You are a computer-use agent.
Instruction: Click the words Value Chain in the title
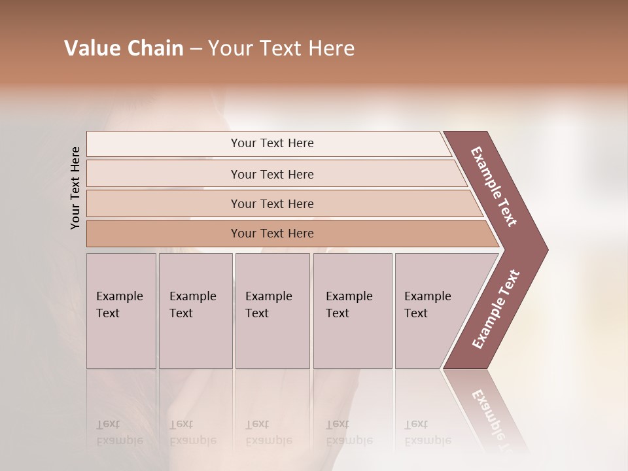coord(124,48)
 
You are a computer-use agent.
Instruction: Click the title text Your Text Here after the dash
coord(281,48)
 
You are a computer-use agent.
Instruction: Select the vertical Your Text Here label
coord(75,188)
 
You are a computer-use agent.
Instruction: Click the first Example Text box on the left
coord(121,311)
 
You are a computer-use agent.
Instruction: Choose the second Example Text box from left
coord(195,311)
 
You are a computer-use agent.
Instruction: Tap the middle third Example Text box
coord(272,311)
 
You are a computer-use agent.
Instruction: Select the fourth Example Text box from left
coord(352,311)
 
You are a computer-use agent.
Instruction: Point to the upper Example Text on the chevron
coord(494,186)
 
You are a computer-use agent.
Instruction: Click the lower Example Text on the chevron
coord(496,309)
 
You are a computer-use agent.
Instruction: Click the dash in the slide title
coord(196,49)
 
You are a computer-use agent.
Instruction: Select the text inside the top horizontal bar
coord(272,143)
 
